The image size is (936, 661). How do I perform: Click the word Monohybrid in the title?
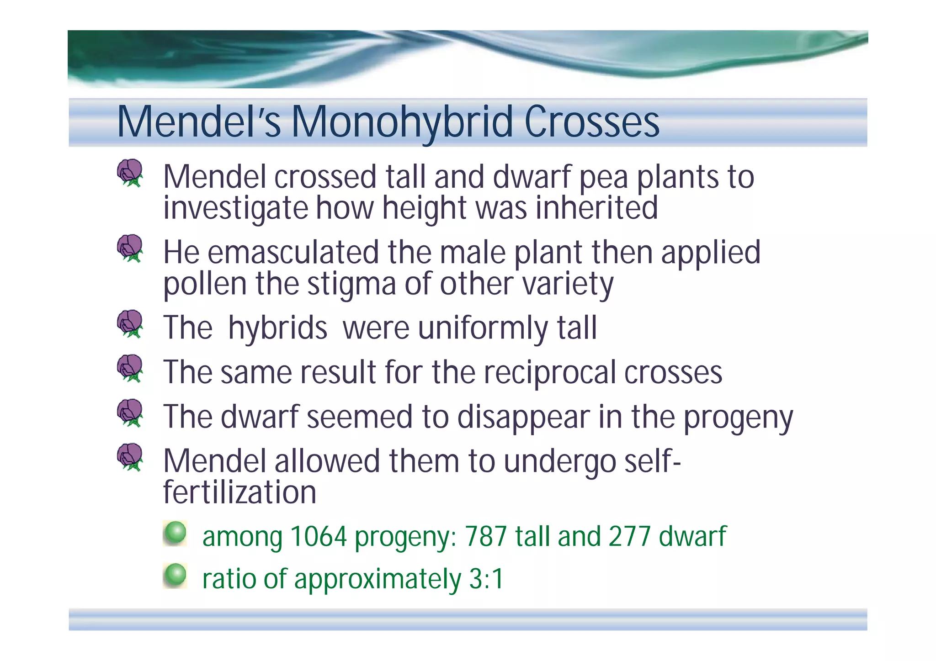click(402, 122)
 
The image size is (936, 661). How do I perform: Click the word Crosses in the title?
click(592, 122)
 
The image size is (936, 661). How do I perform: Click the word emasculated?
click(293, 253)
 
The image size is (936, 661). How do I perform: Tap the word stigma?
click(351, 284)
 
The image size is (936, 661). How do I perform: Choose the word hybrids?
click(277, 328)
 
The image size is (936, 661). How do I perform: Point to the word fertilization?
click(239, 492)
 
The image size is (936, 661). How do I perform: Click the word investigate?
click(235, 208)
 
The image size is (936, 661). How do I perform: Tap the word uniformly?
click(483, 328)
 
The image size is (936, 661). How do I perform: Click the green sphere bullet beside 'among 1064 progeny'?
click(175, 533)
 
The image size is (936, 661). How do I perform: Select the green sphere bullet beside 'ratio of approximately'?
click(175, 576)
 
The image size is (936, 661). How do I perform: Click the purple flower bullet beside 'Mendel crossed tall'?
click(130, 173)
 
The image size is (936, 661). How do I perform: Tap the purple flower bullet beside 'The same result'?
click(130, 368)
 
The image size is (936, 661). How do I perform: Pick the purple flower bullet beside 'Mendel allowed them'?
click(130, 457)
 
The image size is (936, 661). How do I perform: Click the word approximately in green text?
click(378, 580)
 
